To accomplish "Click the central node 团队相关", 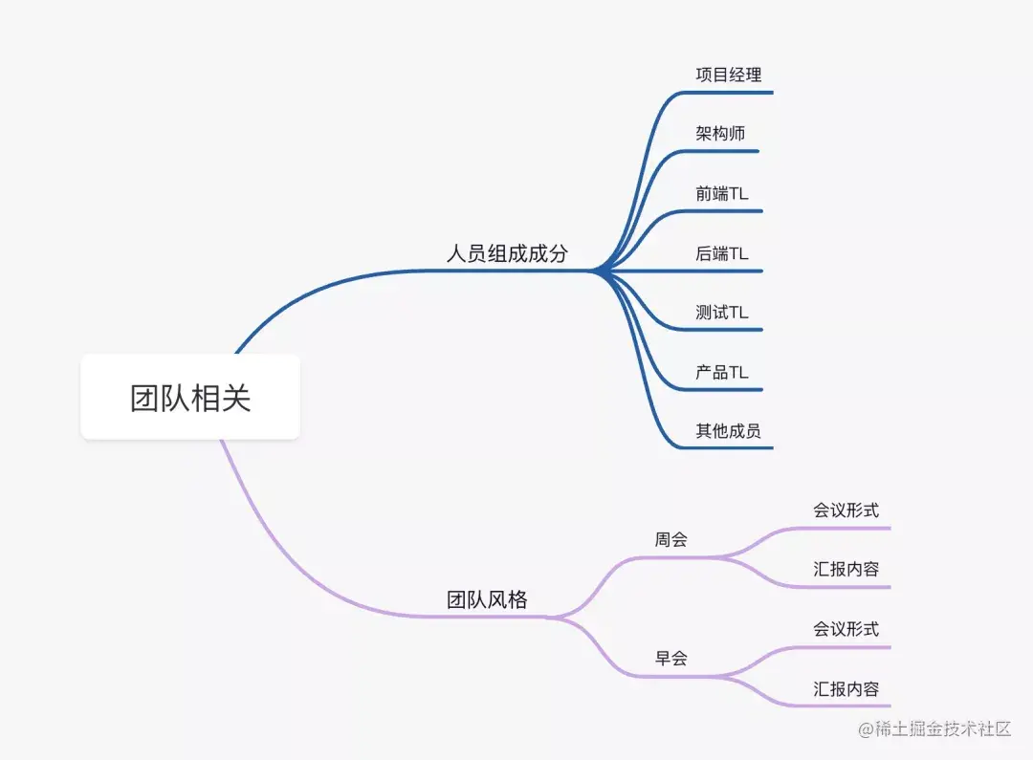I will pyautogui.click(x=190, y=398).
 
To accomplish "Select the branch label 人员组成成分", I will pyautogui.click(x=507, y=253).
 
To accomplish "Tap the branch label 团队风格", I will pyautogui.click(x=487, y=599).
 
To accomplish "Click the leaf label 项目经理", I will pyautogui.click(x=729, y=75).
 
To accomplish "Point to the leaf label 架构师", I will pyautogui.click(x=720, y=134).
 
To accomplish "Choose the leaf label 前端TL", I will pyautogui.click(x=722, y=193).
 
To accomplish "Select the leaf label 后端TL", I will pyautogui.click(x=722, y=253).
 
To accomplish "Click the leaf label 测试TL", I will pyautogui.click(x=722, y=313).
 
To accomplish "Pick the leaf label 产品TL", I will pyautogui.click(x=722, y=372).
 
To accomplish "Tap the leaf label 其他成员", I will pyautogui.click(x=729, y=431).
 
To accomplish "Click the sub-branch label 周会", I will pyautogui.click(x=670, y=539).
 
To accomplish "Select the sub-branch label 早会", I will pyautogui.click(x=670, y=658).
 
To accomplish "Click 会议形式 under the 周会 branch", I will pyautogui.click(x=846, y=510).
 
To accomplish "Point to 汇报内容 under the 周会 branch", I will pyautogui.click(x=846, y=569).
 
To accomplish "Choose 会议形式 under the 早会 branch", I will pyautogui.click(x=846, y=629).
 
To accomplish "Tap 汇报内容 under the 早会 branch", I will pyautogui.click(x=846, y=688).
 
